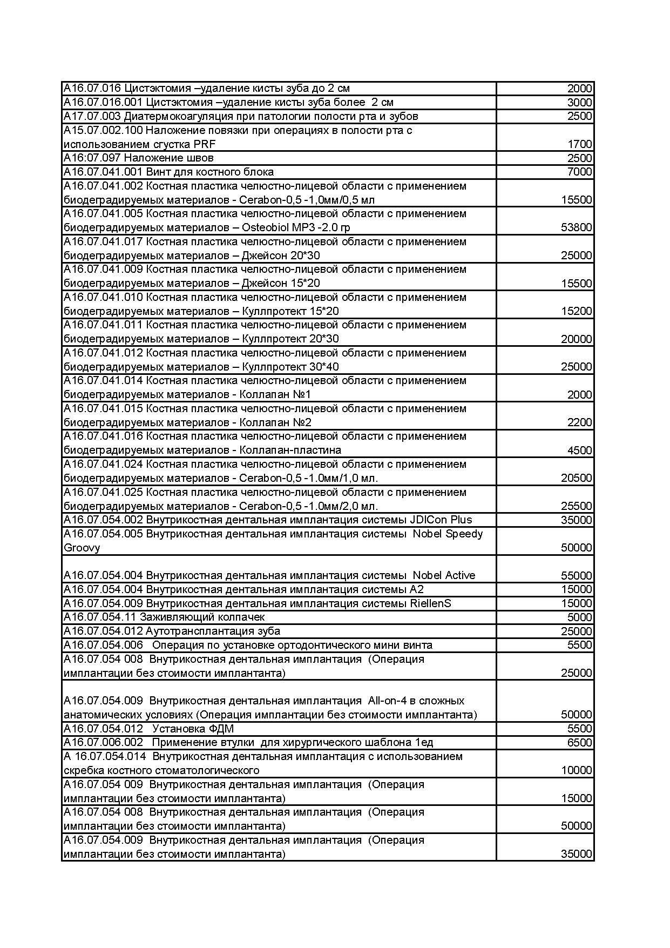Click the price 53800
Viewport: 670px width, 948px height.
point(576,227)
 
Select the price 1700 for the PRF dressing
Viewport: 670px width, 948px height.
point(579,144)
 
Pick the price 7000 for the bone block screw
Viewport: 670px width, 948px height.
point(579,172)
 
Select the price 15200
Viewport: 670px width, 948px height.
point(576,311)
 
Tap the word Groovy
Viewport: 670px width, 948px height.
point(82,548)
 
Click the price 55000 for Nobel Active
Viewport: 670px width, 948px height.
point(576,576)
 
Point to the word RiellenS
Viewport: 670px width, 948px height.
point(429,603)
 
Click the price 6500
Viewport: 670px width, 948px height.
point(579,743)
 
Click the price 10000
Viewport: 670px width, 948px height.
point(576,770)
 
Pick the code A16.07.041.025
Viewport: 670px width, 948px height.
point(103,492)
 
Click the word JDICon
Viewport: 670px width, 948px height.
point(429,520)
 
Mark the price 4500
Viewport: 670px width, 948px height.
point(579,451)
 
